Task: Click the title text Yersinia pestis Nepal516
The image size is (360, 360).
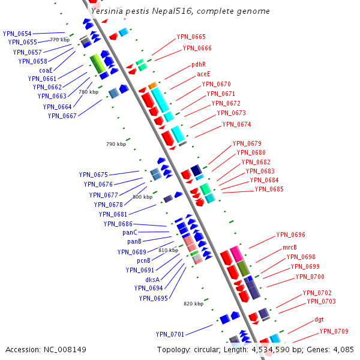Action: coord(180,11)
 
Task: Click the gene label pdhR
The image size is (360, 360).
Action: coord(199,64)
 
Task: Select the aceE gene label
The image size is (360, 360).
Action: coord(203,74)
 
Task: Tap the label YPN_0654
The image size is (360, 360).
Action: coord(17,34)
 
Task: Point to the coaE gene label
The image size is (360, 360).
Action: coord(46,70)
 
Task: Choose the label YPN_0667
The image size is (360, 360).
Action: coord(62,116)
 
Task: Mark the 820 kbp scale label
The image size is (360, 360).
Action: coord(193,304)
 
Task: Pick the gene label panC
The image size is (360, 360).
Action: coord(130,232)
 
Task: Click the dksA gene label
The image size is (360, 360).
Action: coord(152,279)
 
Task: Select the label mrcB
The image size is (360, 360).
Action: coord(290,248)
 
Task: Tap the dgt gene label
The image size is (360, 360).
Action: coord(319,319)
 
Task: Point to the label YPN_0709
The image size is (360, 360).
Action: coord(334,331)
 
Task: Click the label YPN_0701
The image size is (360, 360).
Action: coord(170,334)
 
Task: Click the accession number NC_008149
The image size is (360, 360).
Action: coord(46,349)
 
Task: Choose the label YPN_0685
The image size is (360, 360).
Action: coord(269,190)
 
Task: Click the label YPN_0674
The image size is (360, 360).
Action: coord(236,124)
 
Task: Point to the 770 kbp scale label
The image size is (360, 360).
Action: coord(59,40)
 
